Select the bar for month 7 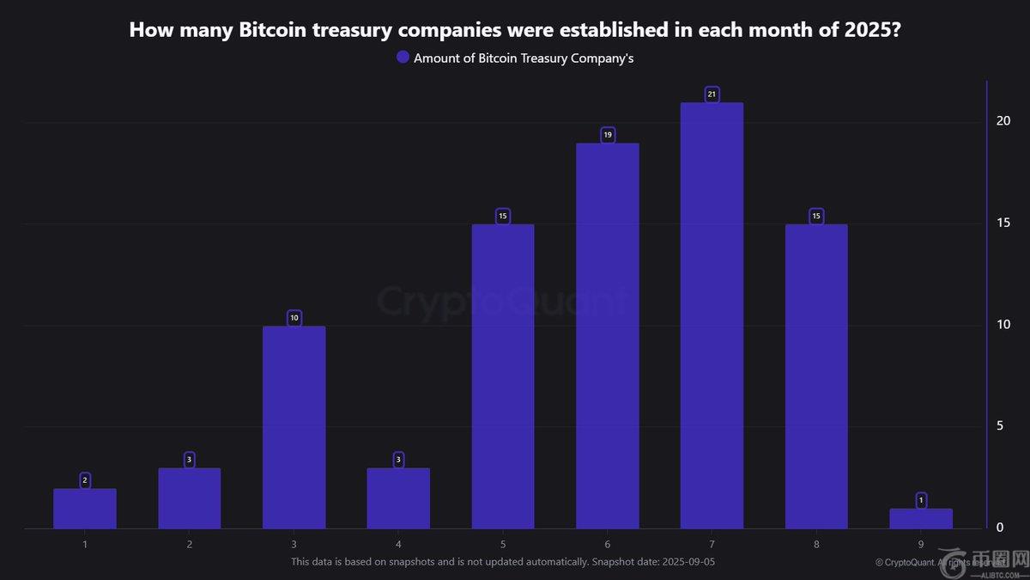712,315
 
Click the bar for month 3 294,427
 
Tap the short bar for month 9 921,519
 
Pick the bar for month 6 607,336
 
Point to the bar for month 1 85,509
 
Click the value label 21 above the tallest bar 712,94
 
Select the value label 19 607,135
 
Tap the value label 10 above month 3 294,318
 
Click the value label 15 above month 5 503,216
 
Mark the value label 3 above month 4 398,460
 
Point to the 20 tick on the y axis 1003,121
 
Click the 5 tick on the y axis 999,425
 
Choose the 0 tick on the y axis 999,527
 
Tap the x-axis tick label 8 816,545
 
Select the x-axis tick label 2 189,545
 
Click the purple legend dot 403,58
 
